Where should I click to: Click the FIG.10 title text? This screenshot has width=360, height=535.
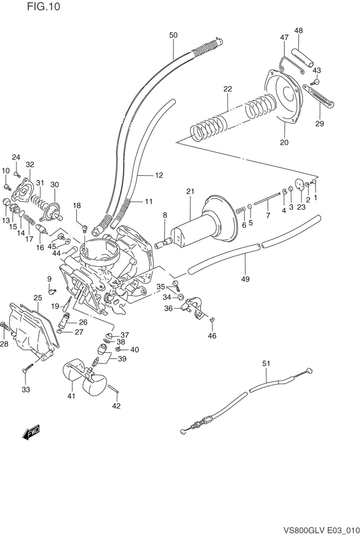coord(44,6)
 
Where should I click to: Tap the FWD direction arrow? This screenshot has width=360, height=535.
coord(31,432)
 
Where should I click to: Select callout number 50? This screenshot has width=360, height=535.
coord(173,35)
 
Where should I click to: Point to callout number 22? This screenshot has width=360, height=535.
coord(228,89)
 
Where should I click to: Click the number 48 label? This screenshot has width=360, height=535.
coord(298,31)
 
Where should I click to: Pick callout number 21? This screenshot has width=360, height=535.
coord(190,191)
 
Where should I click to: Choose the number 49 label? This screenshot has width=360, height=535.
coord(246,279)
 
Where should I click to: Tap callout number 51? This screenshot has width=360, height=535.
coord(266,363)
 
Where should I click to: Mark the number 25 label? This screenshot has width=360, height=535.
coord(38,298)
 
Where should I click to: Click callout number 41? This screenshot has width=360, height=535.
coord(71,396)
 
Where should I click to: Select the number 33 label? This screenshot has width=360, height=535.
coord(26,390)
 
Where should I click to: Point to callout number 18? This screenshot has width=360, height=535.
coord(77,205)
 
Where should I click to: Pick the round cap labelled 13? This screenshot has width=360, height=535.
coord(7,201)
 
